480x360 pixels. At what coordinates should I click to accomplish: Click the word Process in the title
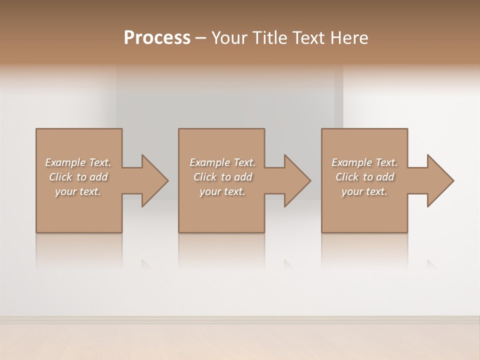157,38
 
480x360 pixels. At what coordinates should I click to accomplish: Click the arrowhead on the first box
154,180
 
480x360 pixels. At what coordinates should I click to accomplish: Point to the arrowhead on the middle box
297,180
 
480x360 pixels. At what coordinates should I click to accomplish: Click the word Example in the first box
65,162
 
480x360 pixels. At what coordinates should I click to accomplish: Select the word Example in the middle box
209,162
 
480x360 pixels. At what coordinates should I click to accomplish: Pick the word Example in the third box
351,162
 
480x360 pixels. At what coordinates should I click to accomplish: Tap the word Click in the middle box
205,177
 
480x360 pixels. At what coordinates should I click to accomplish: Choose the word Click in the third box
347,177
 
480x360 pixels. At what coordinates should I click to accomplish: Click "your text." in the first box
78,191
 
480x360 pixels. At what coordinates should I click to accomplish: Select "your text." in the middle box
222,191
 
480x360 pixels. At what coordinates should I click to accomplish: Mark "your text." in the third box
364,191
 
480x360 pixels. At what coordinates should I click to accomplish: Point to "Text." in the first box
99,162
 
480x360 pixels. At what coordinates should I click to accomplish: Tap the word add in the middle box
243,177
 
